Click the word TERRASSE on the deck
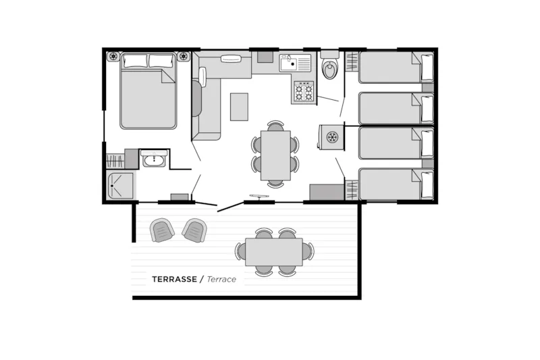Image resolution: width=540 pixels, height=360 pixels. coord(174,279)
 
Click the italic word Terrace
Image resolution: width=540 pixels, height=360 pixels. coord(221,279)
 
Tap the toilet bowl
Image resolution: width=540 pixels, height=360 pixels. coord(329,69)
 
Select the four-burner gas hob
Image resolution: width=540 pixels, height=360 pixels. coord(304,92)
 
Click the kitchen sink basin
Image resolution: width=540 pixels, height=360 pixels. coord(290,63)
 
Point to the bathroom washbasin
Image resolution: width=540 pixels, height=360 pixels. coord(154,159)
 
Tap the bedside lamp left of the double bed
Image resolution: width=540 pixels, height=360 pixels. coord(113,56)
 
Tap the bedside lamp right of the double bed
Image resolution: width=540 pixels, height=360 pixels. coord(183,56)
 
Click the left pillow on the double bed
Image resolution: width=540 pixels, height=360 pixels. coord(135,61)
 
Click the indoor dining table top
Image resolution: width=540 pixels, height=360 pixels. coord(275,155)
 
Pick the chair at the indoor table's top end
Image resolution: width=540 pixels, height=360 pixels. coord(275,126)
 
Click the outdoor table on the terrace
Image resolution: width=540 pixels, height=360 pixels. coord(274,252)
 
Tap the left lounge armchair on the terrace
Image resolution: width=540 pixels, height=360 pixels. coord(163,230)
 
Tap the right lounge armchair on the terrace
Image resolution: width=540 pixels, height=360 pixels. coord(194,230)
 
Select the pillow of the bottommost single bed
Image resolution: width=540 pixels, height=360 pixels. coord(427,184)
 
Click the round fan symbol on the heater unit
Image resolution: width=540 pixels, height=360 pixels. coord(332,137)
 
